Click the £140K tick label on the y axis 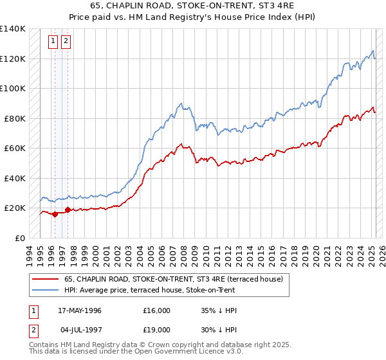pyautogui.click(x=13, y=29)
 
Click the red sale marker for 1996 pyautogui.click(x=55, y=214)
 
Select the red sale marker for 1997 pyautogui.click(x=68, y=210)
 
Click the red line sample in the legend pyautogui.click(x=45, y=278)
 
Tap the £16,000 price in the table pyautogui.click(x=157, y=310)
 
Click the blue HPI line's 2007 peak pyautogui.click(x=182, y=103)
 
